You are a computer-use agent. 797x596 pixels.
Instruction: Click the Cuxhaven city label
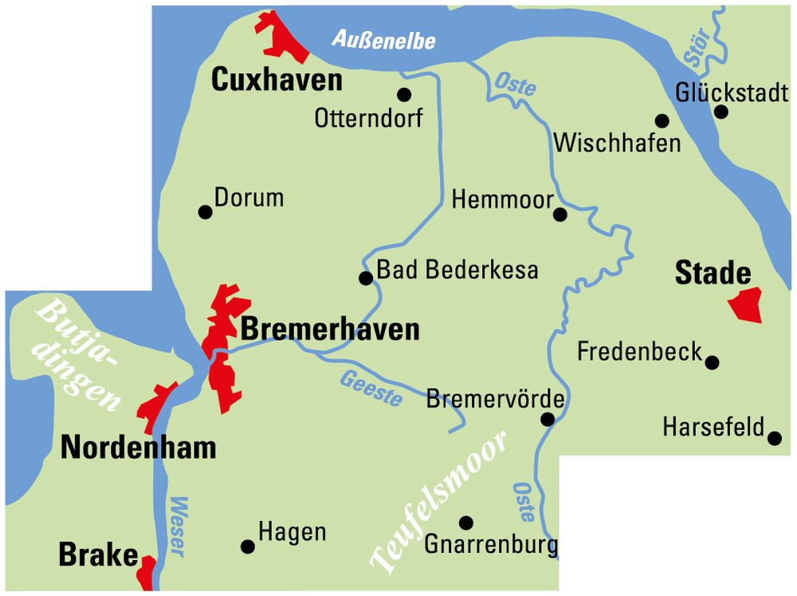tap(277, 80)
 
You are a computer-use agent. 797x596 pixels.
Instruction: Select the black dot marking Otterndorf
tap(404, 94)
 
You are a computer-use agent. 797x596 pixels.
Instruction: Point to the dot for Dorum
tap(205, 211)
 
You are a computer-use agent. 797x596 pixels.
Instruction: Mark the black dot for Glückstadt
tap(720, 112)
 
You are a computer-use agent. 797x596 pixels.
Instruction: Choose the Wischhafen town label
tap(618, 144)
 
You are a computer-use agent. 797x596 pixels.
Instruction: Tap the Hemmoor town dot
tap(559, 214)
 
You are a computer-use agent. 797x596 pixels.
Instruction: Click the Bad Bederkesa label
tap(457, 270)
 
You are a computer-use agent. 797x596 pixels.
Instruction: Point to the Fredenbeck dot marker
tap(712, 362)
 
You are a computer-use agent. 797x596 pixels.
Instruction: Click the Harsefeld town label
tap(713, 428)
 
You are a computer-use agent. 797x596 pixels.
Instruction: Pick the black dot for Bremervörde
tap(548, 419)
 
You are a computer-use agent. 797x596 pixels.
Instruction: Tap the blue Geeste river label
tap(371, 389)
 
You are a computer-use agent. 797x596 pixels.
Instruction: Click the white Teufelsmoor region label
tap(439, 504)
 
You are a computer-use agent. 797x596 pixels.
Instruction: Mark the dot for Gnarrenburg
tap(466, 523)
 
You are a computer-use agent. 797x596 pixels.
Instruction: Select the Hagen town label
tap(292, 533)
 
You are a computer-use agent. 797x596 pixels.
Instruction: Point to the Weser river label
tap(178, 527)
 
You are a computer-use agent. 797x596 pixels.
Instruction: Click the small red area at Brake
tap(147, 571)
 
